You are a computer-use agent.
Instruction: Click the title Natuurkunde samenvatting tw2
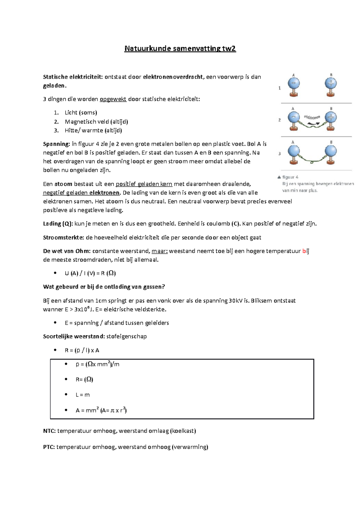coord(180,49)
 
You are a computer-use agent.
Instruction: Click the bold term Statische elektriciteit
coord(73,77)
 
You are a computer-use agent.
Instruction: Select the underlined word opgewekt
coord(113,99)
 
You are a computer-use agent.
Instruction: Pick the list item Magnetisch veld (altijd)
coord(96,122)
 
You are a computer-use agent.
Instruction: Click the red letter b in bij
coord(304,251)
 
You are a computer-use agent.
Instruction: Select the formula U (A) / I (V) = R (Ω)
coord(90,273)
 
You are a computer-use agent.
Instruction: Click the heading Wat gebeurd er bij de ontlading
coord(104,287)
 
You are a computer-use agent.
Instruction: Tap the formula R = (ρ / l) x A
coord(82,350)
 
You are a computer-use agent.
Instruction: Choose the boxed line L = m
coord(82,395)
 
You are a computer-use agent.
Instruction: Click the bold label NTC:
coord(49,431)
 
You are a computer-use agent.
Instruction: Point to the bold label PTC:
coord(49,447)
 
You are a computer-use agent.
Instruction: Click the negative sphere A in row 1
coord(294,83)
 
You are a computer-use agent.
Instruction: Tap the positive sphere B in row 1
coord(331,83)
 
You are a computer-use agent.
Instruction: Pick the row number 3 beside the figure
coord(280,154)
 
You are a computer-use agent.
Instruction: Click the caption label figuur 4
coord(290,177)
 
